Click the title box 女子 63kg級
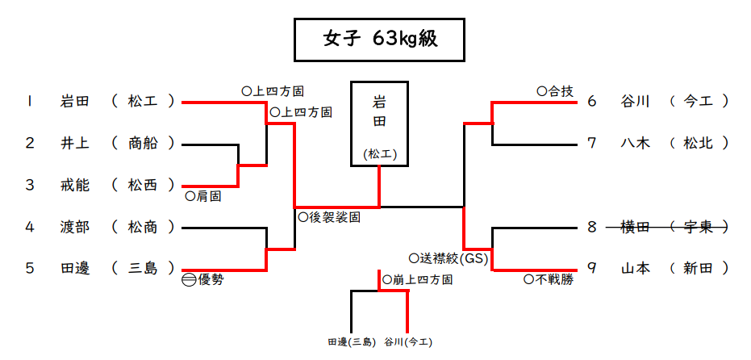379,40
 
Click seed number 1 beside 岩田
30,102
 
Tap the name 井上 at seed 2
75,144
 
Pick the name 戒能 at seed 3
75,186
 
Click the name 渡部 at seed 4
75,228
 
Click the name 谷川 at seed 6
635,102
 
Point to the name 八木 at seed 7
635,144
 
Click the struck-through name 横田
635,228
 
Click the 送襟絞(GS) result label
448,258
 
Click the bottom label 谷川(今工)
408,342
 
